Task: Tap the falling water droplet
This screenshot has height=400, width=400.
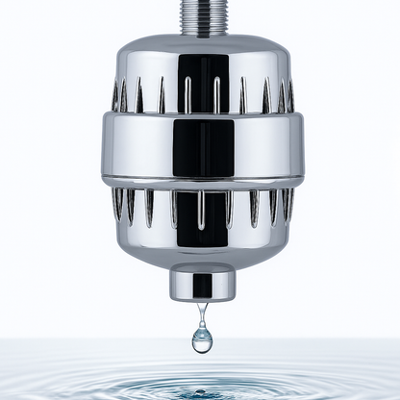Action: [202, 337]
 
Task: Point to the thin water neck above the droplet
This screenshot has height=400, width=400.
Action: [202, 313]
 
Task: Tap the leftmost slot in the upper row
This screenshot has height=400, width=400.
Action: [114, 97]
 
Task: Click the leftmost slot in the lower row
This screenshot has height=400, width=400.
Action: [118, 203]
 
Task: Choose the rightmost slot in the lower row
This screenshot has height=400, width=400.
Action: [287, 203]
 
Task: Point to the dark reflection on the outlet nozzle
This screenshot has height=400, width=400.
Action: [203, 285]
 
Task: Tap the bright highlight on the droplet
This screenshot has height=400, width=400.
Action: [199, 336]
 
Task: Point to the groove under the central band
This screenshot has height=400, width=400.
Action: [202, 184]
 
